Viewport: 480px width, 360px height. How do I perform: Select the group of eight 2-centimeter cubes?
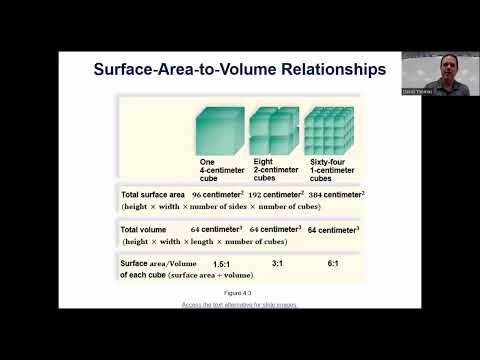pos(273,131)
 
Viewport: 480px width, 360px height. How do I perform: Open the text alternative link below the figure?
pos(239,304)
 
